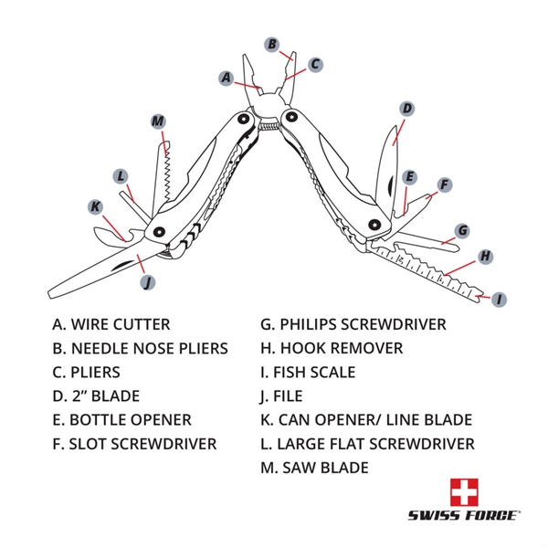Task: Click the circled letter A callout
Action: pos(227,78)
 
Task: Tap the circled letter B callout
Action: pos(271,44)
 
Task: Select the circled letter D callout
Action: pos(406,108)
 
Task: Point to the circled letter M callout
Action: pos(158,121)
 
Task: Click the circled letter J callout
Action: pos(146,282)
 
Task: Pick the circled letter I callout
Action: pos(498,299)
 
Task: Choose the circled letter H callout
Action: pos(485,257)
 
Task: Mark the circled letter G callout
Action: pos(462,230)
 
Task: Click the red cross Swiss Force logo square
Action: pos(464,492)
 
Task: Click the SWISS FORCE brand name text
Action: pos(464,516)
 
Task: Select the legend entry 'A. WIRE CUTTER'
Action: pos(111,324)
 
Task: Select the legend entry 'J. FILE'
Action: pos(281,396)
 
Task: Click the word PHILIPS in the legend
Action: pos(315,324)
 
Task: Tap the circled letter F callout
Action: pos(444,184)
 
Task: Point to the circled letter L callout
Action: pos(121,176)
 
